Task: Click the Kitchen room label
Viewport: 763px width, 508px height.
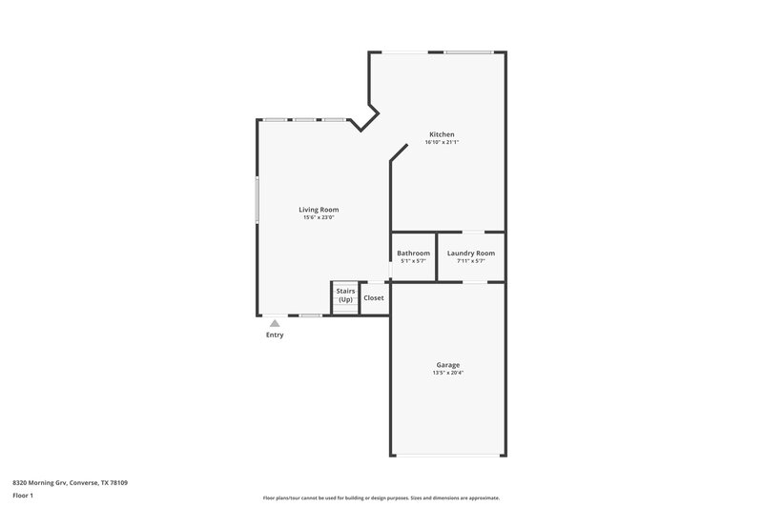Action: [442, 134]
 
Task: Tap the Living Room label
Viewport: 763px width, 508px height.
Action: [319, 210]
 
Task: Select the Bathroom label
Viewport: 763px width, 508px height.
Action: [413, 254]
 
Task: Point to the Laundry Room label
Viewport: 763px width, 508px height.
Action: [471, 254]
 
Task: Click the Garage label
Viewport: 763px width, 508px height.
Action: [448, 365]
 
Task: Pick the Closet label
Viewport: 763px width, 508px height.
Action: [374, 297]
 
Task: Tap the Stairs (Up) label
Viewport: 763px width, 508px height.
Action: [345, 296]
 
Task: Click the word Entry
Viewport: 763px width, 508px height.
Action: [275, 335]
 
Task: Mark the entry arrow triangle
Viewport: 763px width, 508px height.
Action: [275, 323]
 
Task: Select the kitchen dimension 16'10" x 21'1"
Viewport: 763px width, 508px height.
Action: [442, 143]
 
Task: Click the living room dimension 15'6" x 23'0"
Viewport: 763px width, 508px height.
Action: [319, 217]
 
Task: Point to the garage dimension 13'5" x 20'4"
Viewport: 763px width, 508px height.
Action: [448, 373]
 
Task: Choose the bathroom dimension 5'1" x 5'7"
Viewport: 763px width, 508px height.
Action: [413, 261]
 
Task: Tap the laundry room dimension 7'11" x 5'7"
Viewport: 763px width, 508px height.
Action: [471, 261]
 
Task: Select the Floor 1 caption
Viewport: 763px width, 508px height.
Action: [24, 496]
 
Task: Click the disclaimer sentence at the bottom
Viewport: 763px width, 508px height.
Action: [381, 498]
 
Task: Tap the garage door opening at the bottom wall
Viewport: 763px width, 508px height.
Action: [448, 455]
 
